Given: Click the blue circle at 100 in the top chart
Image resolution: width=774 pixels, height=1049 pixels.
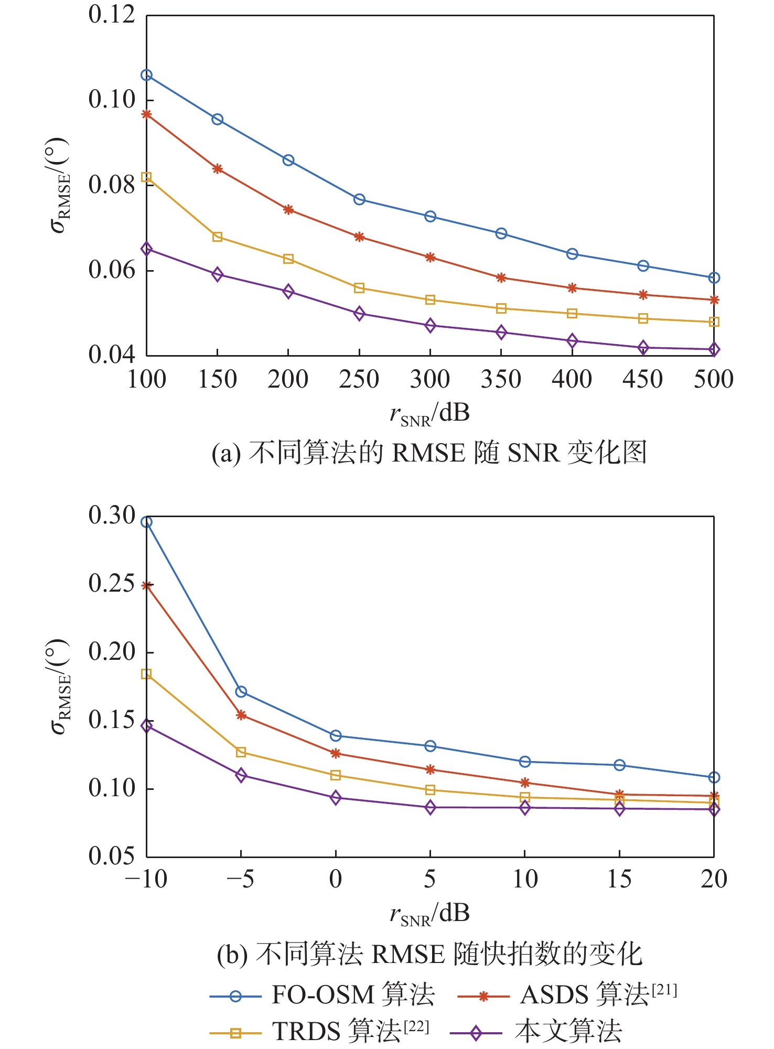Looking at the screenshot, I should tap(147, 76).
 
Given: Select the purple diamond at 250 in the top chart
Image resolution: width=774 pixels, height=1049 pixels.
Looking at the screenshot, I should tap(359, 314).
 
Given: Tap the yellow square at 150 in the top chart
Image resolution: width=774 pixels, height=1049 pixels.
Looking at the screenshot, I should tap(218, 237).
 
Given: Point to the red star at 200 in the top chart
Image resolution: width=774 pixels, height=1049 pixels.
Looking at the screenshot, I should tap(288, 210).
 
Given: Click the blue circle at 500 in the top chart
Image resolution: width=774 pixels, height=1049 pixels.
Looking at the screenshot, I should tap(714, 278).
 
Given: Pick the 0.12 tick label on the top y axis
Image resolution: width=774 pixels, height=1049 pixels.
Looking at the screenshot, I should tap(112, 15).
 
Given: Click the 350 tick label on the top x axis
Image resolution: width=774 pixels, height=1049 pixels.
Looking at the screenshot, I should tap(501, 379).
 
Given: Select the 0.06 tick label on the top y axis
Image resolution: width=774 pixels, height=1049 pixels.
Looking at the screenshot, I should tap(112, 270).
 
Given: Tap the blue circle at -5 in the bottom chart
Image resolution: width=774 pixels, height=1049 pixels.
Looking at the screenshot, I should tap(241, 692).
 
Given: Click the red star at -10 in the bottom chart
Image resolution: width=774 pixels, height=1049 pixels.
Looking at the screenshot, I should tap(147, 585).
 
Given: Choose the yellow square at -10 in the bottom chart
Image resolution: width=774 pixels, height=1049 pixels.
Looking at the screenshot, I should tap(147, 674).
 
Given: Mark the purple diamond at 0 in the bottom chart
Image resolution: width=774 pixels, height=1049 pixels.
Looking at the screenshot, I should tap(336, 798).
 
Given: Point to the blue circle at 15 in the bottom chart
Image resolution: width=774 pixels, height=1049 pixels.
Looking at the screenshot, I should tap(619, 765).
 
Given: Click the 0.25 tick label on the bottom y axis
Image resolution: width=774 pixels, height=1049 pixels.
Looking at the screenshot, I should tap(112, 584).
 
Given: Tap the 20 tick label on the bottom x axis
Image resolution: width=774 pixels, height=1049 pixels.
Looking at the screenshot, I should tap(714, 880).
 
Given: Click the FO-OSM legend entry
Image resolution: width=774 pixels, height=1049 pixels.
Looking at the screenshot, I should tap(322, 995).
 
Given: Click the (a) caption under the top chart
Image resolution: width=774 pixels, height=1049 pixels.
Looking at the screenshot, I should tap(429, 452).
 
